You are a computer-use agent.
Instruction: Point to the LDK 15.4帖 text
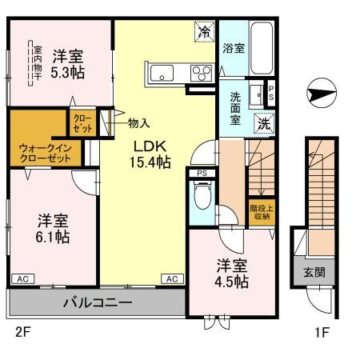coord(150,154)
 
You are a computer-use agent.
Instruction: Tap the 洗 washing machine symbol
coord(262,123)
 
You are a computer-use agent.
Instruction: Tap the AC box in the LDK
coord(172,278)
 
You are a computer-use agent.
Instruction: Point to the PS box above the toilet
coord(201,171)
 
